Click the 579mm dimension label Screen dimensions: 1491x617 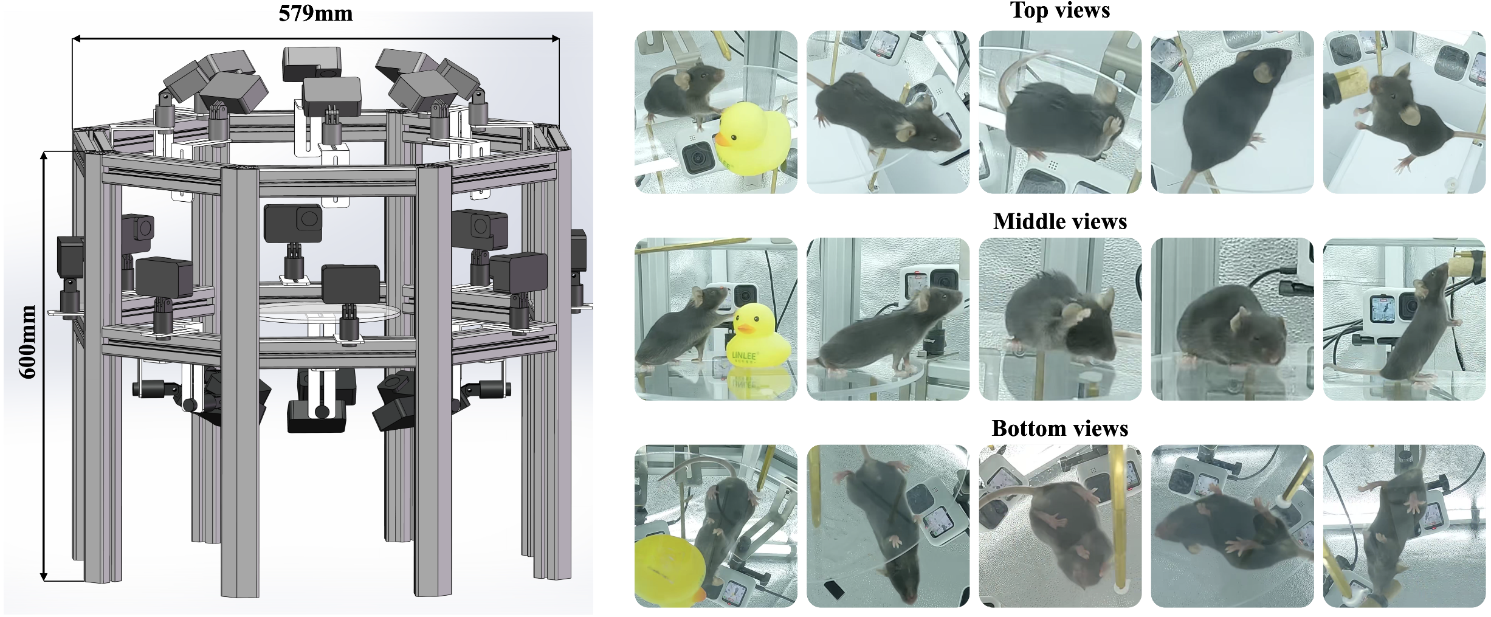click(315, 13)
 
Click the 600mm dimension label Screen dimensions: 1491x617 click(27, 342)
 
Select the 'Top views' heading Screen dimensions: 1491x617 click(1060, 10)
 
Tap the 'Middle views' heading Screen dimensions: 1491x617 click(1060, 221)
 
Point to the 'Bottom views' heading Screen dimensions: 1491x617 click(1060, 429)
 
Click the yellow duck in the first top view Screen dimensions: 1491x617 click(752, 139)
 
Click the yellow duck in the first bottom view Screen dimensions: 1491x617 click(670, 569)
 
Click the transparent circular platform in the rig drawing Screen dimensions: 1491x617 click(329, 312)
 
